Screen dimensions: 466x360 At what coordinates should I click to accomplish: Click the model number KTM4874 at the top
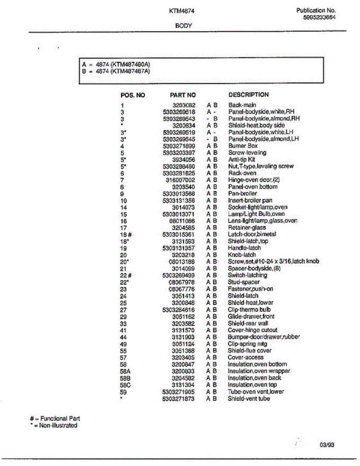182,11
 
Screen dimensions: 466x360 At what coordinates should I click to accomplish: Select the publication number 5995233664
320,17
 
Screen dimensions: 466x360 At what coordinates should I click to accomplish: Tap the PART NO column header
183,95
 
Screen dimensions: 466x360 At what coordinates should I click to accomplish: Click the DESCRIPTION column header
249,94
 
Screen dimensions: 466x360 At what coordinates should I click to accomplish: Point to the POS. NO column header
133,95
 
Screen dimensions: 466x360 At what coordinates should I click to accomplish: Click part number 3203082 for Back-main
184,105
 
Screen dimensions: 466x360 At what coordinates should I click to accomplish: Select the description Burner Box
243,146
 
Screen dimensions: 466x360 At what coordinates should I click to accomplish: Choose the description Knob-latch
242,255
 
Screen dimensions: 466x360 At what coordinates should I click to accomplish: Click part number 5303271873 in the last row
179,398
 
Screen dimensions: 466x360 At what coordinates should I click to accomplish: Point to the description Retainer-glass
247,228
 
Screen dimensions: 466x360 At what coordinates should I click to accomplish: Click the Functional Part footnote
55,419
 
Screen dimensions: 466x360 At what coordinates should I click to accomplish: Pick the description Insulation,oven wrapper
259,371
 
